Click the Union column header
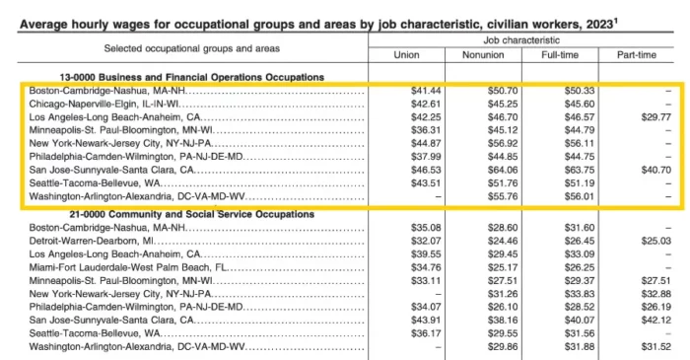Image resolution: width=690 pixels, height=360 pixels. click(x=406, y=55)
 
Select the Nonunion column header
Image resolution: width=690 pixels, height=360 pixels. click(x=483, y=55)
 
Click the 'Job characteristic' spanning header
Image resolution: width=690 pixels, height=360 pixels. click(x=521, y=40)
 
